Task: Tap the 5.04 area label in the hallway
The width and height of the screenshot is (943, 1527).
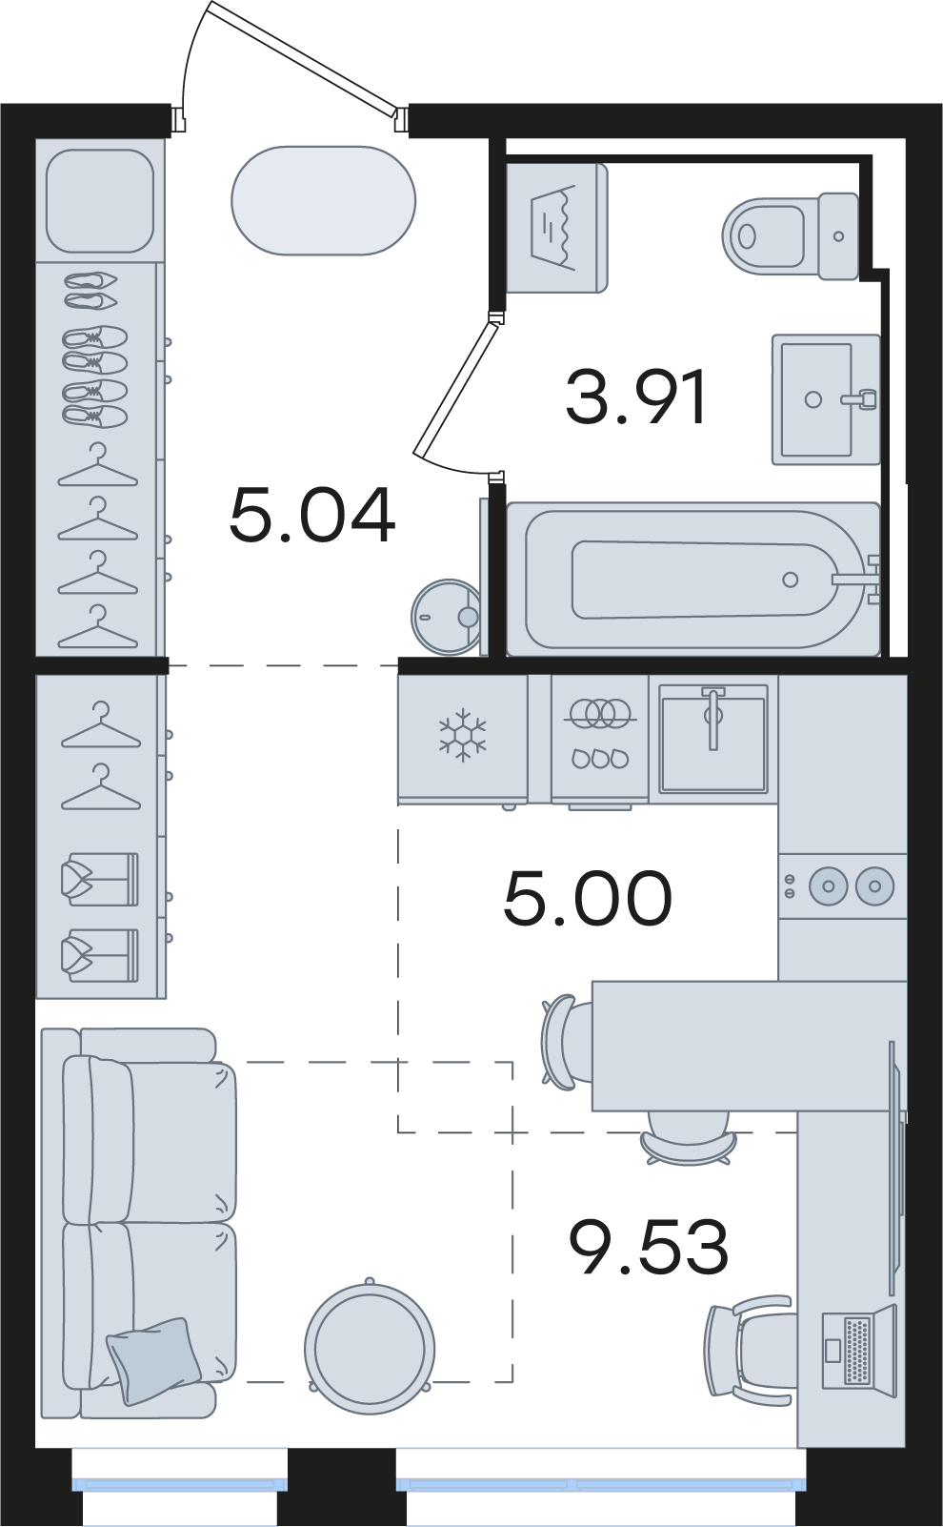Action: pyautogui.click(x=312, y=516)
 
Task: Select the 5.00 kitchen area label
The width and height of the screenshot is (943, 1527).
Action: pyautogui.click(x=588, y=898)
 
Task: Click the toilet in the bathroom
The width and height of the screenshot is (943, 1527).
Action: pyautogui.click(x=791, y=235)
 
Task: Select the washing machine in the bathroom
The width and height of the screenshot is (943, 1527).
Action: pyautogui.click(x=556, y=228)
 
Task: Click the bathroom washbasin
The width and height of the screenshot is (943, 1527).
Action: pyautogui.click(x=826, y=399)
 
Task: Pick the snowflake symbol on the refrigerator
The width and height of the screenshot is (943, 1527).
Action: pyautogui.click(x=463, y=735)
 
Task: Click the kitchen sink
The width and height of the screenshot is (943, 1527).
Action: pyautogui.click(x=713, y=739)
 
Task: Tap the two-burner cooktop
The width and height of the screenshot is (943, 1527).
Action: pyautogui.click(x=842, y=886)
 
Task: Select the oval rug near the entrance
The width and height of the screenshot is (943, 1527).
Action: pyautogui.click(x=323, y=201)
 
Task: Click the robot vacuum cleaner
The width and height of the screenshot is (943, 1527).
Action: pyautogui.click(x=446, y=617)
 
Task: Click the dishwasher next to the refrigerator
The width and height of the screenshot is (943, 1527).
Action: pyautogui.click(x=599, y=739)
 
